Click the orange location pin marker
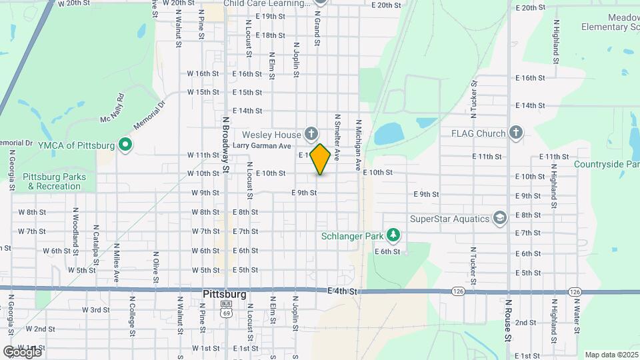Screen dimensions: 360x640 321,159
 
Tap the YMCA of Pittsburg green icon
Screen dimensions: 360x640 124,144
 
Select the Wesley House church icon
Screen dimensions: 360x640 311,135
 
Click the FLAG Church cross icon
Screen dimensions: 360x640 515,133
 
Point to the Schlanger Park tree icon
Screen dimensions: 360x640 395,235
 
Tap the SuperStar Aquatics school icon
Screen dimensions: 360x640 499,218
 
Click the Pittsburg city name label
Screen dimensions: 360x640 224,294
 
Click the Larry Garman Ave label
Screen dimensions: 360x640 263,146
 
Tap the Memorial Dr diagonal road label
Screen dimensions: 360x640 148,115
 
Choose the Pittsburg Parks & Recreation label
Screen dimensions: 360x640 51,181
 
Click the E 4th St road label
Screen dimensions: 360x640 343,291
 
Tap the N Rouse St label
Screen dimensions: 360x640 507,319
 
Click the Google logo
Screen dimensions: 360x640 23,351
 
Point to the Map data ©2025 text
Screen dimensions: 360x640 611,355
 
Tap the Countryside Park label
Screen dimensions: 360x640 606,164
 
